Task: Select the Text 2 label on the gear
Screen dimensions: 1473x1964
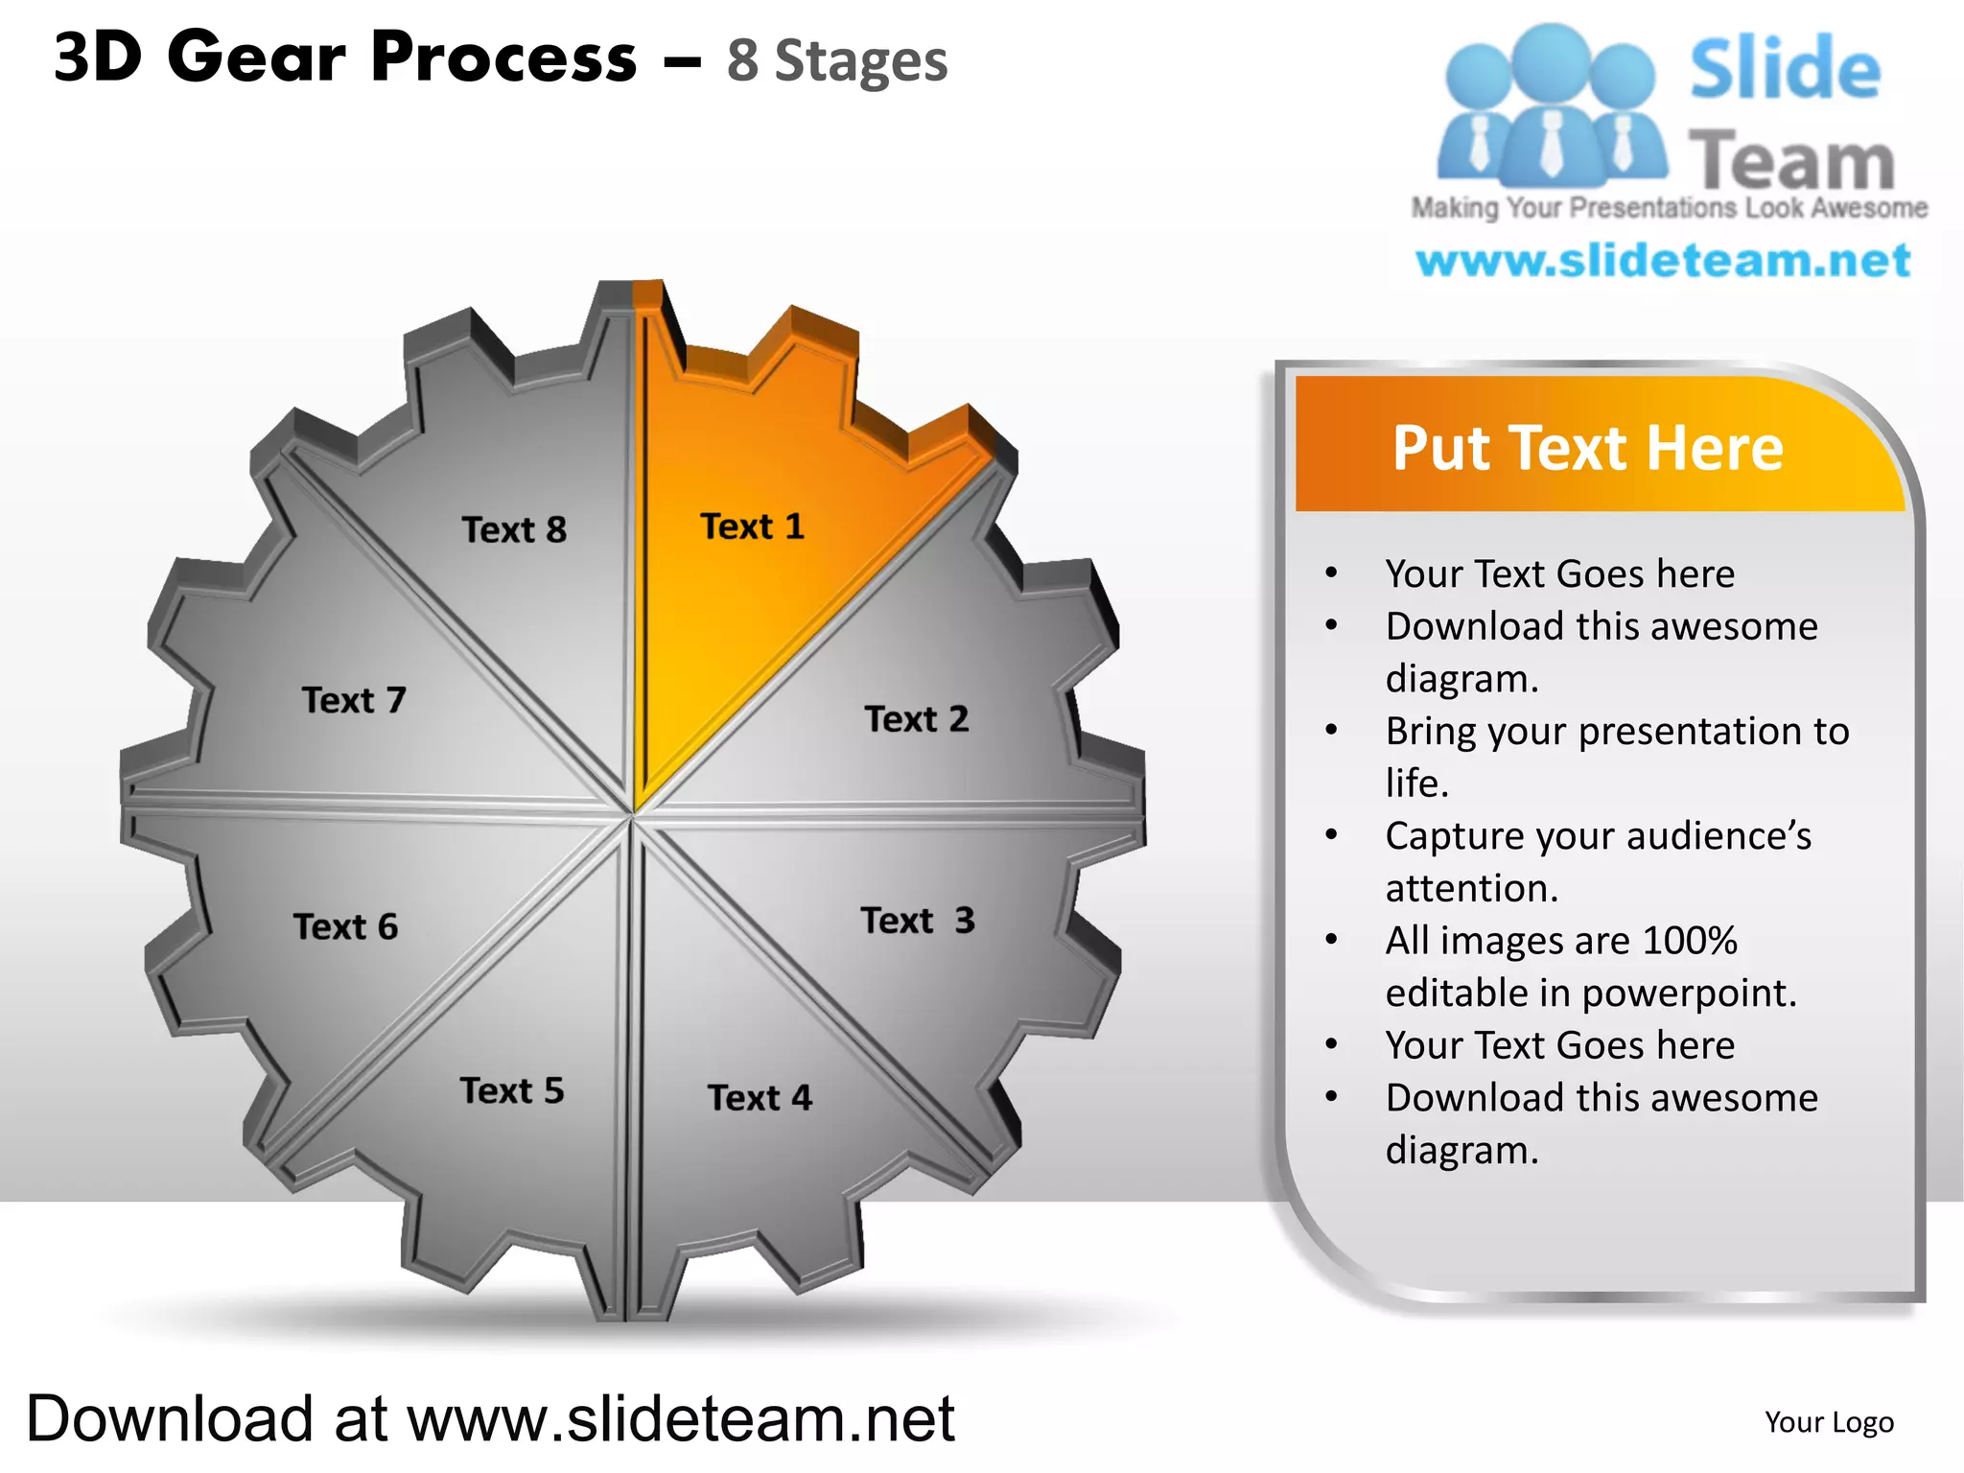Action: coord(917,719)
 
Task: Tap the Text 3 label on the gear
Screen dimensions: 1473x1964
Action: coord(918,921)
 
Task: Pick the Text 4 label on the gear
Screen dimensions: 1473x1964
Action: coord(760,1098)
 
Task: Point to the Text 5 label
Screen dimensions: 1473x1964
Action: coord(512,1091)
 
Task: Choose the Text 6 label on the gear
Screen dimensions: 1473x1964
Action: coord(345,927)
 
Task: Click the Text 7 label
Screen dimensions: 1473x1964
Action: coord(354,700)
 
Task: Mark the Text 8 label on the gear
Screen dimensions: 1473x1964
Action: coord(514,529)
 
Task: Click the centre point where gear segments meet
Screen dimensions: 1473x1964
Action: coord(633,815)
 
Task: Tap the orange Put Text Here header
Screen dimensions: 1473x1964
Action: coord(1588,448)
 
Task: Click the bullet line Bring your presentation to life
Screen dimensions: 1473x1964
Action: coord(1617,757)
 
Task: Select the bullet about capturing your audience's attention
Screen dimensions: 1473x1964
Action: coord(1598,861)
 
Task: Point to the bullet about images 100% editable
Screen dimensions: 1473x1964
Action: coord(1590,966)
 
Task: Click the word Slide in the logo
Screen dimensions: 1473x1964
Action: coord(1785,69)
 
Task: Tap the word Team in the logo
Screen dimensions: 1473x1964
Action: coord(1791,161)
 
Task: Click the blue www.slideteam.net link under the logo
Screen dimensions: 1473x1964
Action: coord(1663,261)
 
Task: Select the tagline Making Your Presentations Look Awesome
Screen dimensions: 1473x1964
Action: coord(1669,208)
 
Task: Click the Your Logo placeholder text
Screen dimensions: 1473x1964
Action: coord(1829,1422)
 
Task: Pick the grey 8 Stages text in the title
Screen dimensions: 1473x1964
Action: coord(837,61)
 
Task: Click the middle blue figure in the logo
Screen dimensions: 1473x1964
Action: coord(1551,105)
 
